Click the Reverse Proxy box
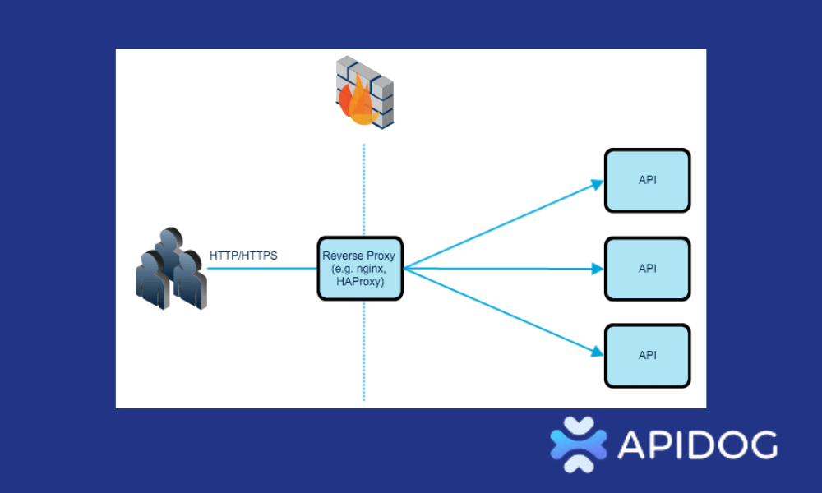click(361, 268)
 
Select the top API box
click(647, 181)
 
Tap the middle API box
click(647, 269)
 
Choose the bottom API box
click(647, 356)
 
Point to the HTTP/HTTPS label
click(243, 256)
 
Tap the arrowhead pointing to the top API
click(598, 185)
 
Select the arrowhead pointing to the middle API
click(598, 269)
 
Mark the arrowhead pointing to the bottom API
click(598, 352)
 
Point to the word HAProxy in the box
click(360, 282)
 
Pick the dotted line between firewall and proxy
click(363, 189)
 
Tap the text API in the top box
click(647, 181)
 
